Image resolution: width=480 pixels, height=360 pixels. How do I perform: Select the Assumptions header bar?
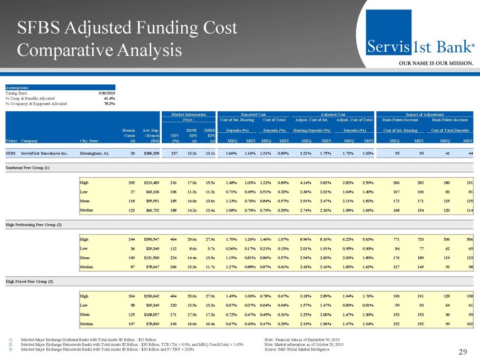[60, 87]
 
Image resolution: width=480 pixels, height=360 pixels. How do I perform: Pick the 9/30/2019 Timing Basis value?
[106, 93]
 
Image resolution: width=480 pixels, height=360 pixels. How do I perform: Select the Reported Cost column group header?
[253, 114]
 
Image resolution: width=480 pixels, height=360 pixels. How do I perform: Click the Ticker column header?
[11, 141]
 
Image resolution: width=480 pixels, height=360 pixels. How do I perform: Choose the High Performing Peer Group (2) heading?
[33, 225]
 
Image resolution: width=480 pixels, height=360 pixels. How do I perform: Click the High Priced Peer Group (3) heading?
[28, 283]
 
